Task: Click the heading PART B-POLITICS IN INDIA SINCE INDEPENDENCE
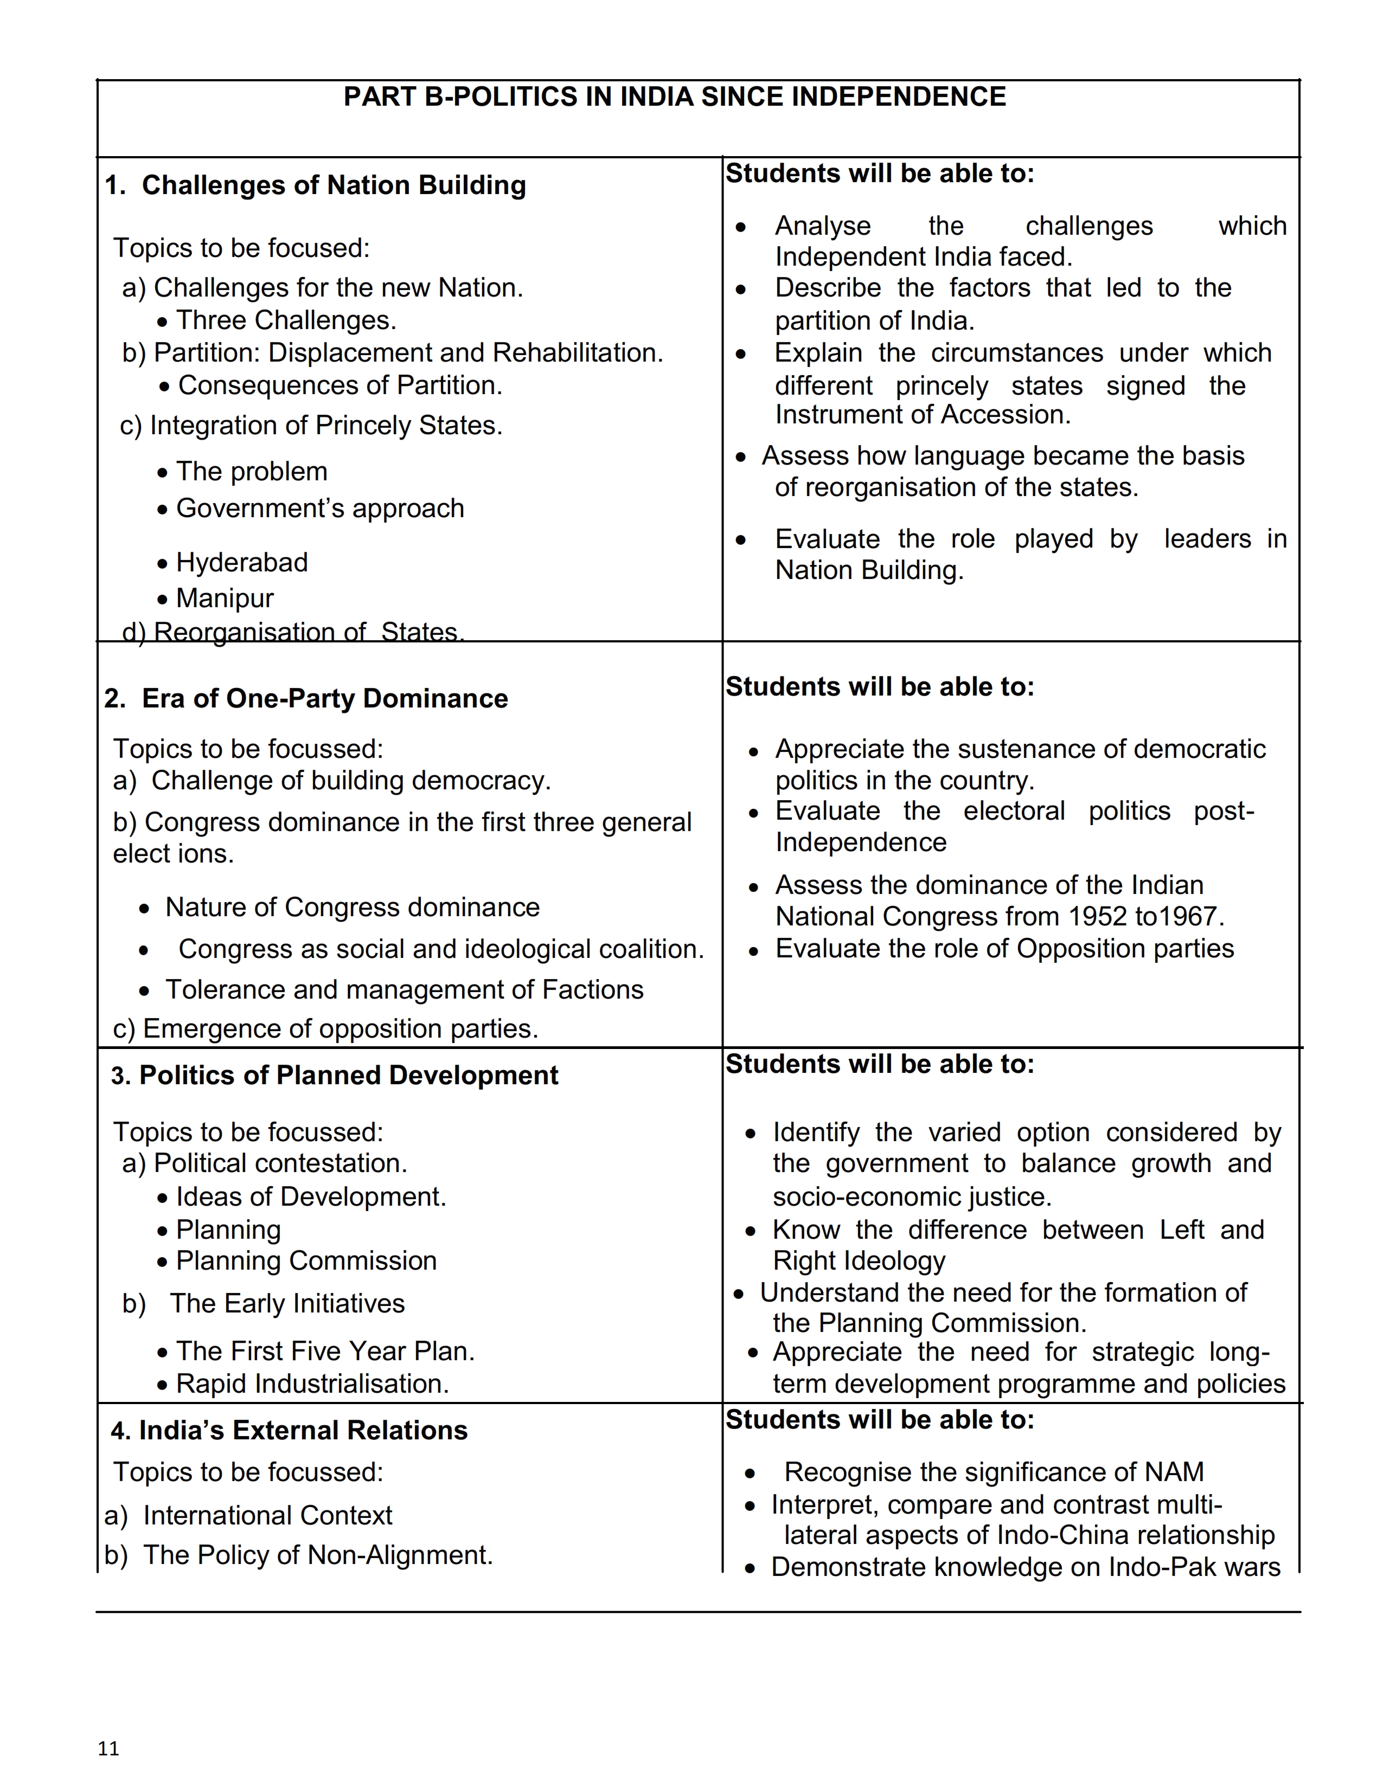674,96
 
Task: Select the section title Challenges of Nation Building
334,185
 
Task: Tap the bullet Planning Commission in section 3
305,1260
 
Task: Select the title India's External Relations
302,1430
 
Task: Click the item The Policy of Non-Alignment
318,1555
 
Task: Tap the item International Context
267,1515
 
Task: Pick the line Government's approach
319,509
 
